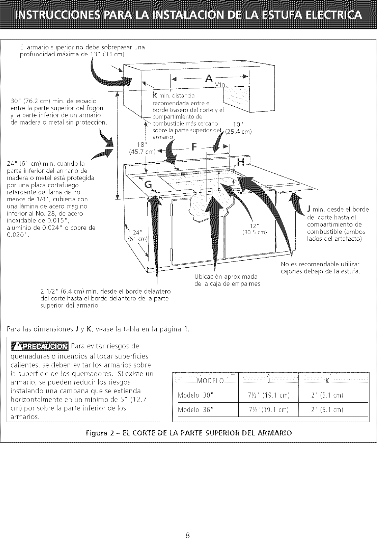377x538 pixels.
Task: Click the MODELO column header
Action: pyautogui.click(x=210, y=381)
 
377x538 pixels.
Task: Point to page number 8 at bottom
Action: pyautogui.click(x=187, y=526)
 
